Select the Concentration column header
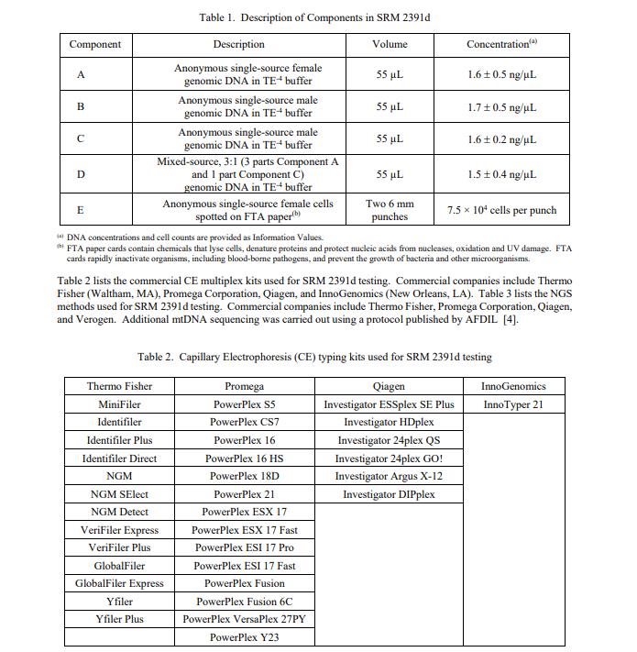[x=501, y=44]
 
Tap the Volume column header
[x=390, y=44]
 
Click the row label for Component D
[x=81, y=174]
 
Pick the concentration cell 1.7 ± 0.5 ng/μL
[x=501, y=107]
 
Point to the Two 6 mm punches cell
[x=390, y=210]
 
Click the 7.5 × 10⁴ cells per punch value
[x=501, y=210]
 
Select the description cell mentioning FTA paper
[x=249, y=210]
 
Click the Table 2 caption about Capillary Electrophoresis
[x=314, y=357]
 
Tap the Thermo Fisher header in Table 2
[x=119, y=386]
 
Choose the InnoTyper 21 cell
[x=512, y=404]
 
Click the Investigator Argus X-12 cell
[x=389, y=476]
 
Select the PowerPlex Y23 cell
[x=244, y=637]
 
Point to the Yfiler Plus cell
[x=119, y=619]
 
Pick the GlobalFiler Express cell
[x=119, y=583]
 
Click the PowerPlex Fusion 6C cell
[x=244, y=602]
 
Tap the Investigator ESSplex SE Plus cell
[x=389, y=404]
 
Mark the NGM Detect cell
[x=119, y=512]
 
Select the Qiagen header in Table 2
[x=389, y=386]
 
